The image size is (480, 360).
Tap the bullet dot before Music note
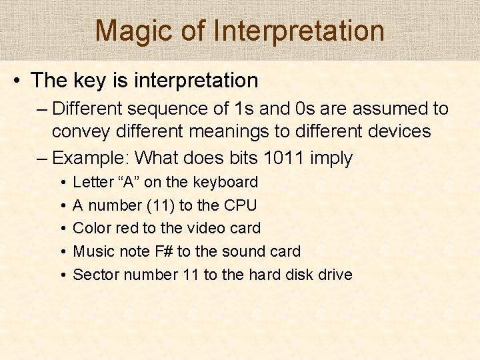(61, 251)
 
